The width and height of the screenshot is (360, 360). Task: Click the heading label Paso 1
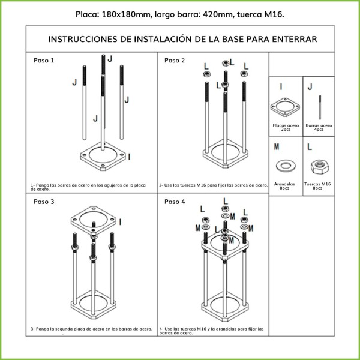click(44, 61)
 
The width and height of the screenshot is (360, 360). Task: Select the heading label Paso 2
click(175, 61)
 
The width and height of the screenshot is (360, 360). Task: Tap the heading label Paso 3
click(44, 202)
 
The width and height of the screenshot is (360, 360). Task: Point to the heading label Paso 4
click(175, 202)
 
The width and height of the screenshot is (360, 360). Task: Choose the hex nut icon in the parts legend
click(317, 166)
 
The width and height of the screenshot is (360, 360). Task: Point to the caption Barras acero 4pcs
click(319, 127)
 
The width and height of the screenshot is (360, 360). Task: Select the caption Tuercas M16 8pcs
click(317, 186)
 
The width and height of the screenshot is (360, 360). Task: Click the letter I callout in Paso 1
click(131, 156)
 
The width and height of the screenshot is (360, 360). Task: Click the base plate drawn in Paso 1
click(104, 155)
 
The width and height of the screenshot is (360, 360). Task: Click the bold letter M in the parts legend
click(275, 146)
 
